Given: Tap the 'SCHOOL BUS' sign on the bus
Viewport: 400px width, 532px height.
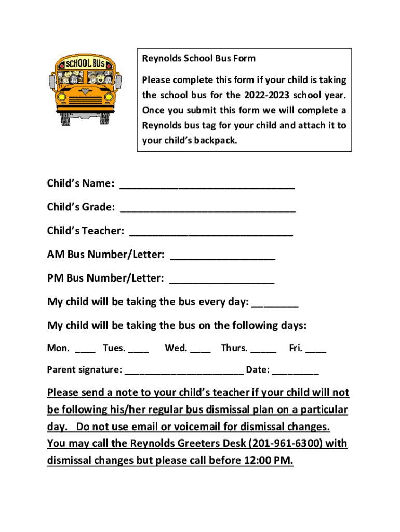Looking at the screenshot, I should (86, 63).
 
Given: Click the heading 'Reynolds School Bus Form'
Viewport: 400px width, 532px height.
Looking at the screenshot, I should (199, 58).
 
